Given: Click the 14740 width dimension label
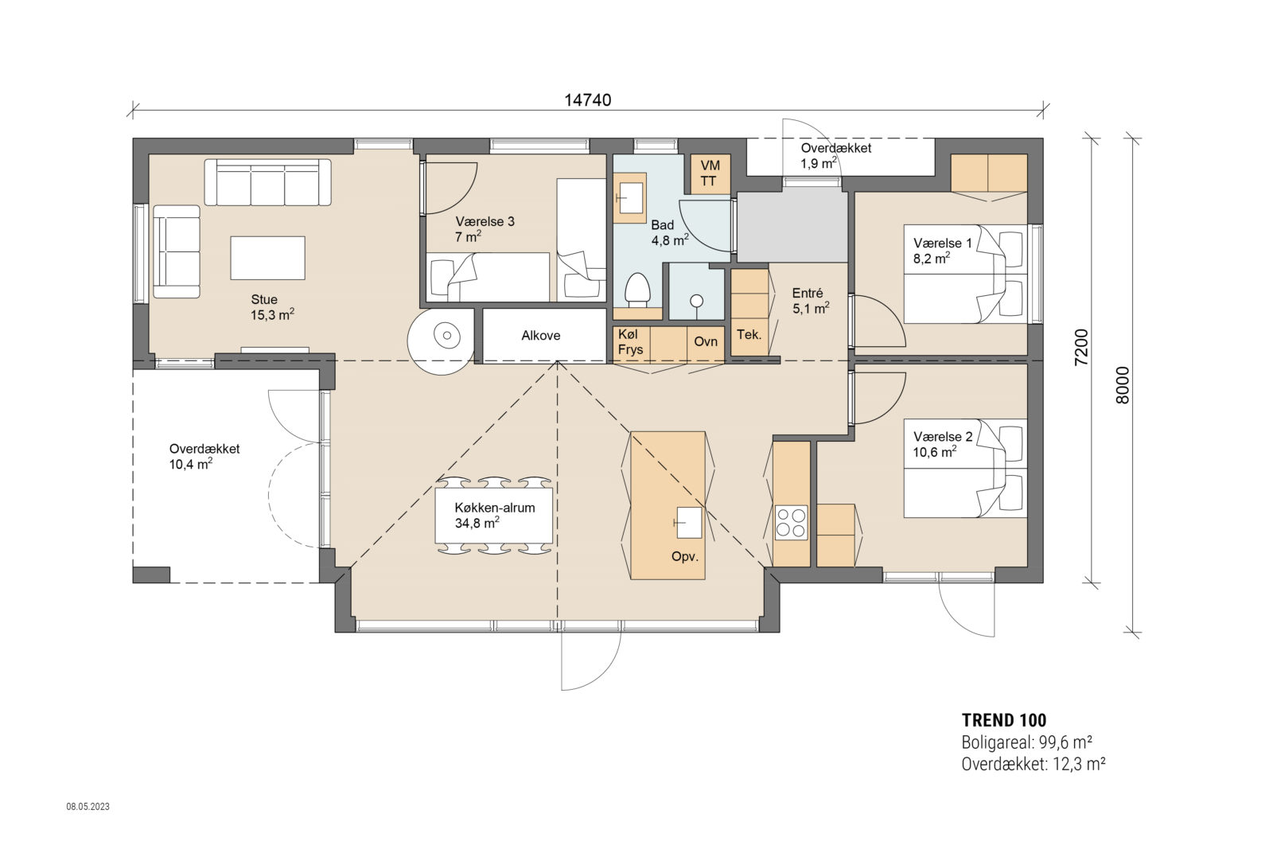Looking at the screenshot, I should [587, 100].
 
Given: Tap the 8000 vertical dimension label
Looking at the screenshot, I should [1123, 385].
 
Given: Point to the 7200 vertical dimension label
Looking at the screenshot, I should [1081, 348].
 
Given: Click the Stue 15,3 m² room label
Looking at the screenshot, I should [271, 307].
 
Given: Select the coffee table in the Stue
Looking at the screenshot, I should [267, 258].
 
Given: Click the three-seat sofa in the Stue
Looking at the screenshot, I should [267, 182].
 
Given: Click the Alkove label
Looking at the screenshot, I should [540, 336].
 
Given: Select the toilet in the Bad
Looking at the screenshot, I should [637, 291].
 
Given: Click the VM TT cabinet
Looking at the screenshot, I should [709, 173].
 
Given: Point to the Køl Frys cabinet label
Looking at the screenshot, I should [630, 342].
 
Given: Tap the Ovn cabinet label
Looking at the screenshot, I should [705, 342].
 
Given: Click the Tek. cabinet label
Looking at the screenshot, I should [749, 334].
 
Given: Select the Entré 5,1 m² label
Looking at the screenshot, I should [809, 301].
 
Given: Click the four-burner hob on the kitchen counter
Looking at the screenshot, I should [791, 523].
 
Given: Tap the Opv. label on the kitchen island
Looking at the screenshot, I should [684, 556].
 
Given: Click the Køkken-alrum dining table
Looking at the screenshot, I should [494, 515].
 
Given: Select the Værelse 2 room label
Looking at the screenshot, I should [942, 444].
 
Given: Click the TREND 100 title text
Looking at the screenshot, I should [1003, 720].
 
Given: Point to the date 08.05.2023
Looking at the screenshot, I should [88, 806].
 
